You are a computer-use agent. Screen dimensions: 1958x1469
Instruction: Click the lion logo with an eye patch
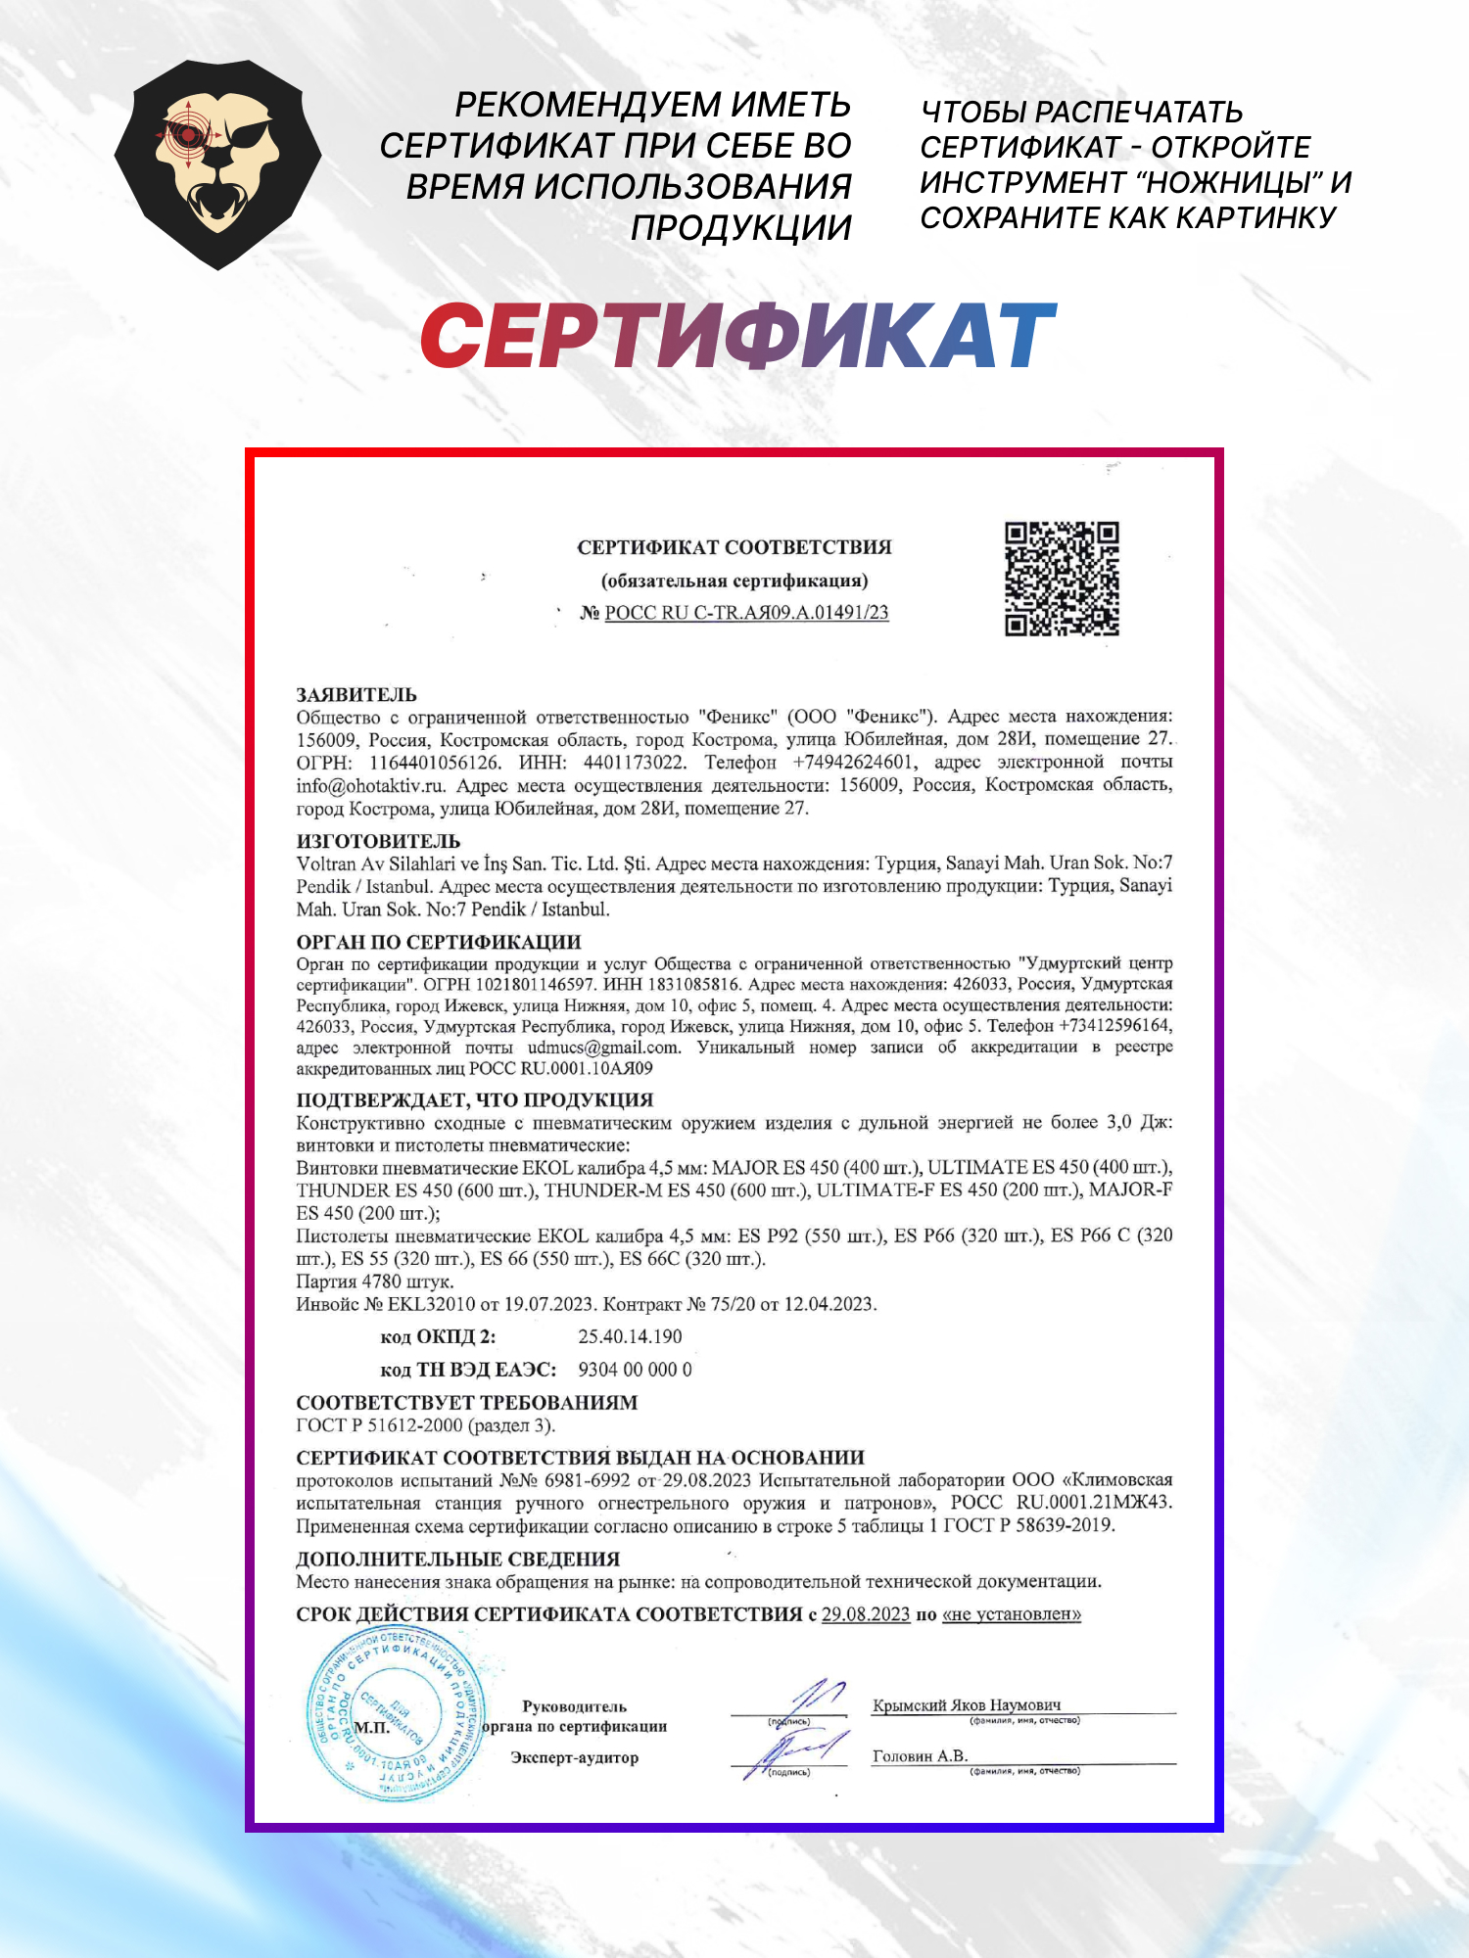tap(217, 164)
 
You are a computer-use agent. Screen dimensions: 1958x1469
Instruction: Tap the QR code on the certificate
tap(1062, 579)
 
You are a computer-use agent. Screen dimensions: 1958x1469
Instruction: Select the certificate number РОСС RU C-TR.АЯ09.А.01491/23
tap(746, 613)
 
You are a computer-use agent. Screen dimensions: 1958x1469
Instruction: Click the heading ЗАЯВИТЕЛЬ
tap(356, 695)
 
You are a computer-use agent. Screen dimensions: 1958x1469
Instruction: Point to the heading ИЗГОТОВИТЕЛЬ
tap(378, 841)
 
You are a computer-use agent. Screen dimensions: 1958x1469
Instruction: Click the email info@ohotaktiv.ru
tap(371, 785)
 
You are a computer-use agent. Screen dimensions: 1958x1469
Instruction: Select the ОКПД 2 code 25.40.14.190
tap(630, 1336)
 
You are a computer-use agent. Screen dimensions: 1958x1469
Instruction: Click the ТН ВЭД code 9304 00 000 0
tap(635, 1370)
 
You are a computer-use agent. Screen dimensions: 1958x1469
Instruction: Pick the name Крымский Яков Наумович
tap(966, 1705)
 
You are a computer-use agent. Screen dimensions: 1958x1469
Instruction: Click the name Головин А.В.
tap(920, 1756)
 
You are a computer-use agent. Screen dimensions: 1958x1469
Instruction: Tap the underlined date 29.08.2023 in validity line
tap(866, 1614)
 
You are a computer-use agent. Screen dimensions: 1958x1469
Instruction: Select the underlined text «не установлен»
tap(1012, 1614)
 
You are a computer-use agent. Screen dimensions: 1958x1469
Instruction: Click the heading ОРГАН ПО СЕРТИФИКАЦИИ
tap(439, 942)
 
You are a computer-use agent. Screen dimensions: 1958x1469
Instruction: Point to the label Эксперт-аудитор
tap(574, 1757)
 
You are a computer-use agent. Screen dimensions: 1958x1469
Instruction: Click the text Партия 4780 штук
tap(375, 1282)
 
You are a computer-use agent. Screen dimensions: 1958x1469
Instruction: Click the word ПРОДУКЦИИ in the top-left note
tap(740, 227)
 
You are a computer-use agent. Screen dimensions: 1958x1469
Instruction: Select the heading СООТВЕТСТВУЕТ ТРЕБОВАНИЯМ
tap(466, 1403)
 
